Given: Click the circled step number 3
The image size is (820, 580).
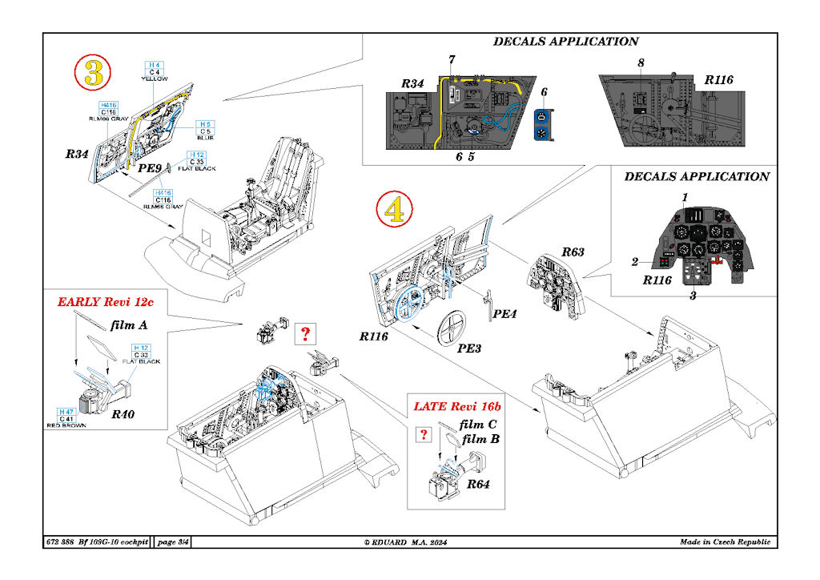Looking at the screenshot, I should pyautogui.click(x=93, y=74).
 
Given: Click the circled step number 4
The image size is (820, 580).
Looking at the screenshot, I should pyautogui.click(x=394, y=211).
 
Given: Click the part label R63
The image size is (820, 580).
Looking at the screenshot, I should pyautogui.click(x=572, y=252).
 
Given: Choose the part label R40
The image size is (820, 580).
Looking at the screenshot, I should pyautogui.click(x=123, y=414).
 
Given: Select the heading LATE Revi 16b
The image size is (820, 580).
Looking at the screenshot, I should pyautogui.click(x=453, y=406).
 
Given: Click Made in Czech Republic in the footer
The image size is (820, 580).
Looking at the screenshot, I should pyautogui.click(x=725, y=542).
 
